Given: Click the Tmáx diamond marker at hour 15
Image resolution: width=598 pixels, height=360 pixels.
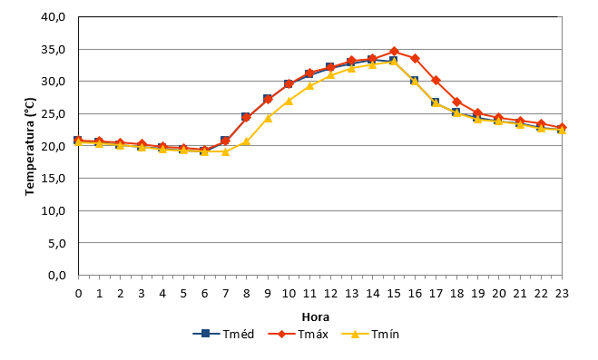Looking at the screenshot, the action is [394, 52].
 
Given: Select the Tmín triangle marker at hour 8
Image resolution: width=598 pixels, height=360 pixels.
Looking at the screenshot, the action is [247, 141].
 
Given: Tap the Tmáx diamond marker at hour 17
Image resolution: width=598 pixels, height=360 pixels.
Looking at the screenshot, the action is [436, 81].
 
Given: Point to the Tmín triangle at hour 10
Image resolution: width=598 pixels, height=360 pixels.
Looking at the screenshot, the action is [289, 101].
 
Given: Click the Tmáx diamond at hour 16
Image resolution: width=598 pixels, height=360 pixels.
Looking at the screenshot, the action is [415, 59].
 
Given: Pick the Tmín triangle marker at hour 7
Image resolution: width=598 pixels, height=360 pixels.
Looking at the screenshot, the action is [225, 151].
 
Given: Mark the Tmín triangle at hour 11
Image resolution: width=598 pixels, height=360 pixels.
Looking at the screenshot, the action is [309, 86].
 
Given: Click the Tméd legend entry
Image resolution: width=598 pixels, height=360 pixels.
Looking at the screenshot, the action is [223, 334].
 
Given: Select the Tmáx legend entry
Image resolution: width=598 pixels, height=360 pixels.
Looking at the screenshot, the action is [298, 334].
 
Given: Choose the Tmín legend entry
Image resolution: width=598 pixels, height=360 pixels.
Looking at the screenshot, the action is [370, 334].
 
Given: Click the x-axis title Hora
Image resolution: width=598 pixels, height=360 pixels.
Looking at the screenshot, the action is [316, 317].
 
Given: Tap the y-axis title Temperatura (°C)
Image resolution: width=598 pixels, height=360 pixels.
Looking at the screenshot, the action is [30, 147].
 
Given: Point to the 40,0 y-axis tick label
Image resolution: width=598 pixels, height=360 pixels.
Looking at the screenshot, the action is [54, 17].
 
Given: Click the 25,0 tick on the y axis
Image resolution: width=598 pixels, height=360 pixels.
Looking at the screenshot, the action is [54, 114].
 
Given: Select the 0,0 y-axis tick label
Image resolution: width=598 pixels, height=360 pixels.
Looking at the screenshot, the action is [57, 275].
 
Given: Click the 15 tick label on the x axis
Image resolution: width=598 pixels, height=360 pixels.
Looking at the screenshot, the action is [394, 293].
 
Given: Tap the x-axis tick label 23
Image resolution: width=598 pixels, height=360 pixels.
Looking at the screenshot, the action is [562, 293].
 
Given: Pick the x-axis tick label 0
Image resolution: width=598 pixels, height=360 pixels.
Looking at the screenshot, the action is [79, 293].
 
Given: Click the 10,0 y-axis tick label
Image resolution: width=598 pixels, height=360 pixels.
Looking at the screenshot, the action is [54, 210].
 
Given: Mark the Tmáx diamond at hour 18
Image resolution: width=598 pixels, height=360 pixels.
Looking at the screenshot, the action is [456, 102].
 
